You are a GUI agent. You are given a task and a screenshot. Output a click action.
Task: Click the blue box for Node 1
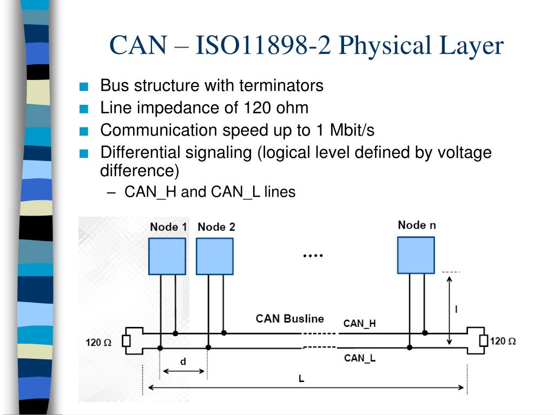click(167, 256)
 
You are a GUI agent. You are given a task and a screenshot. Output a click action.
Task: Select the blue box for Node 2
click(215, 256)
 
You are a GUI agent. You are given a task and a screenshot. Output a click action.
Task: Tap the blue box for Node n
click(416, 255)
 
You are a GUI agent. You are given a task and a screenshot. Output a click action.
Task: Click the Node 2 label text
click(216, 227)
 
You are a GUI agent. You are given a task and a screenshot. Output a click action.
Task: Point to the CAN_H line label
click(359, 324)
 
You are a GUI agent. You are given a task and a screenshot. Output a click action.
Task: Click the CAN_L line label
click(360, 358)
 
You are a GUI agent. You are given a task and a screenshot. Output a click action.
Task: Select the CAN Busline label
click(290, 319)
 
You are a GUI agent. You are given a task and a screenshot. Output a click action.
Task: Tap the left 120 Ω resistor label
click(98, 342)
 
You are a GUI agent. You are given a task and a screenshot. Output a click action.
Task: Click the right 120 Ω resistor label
click(503, 342)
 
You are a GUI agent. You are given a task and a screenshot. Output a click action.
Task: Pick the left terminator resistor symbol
click(126, 341)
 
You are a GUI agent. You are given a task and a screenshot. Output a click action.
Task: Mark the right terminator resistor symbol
click(484, 340)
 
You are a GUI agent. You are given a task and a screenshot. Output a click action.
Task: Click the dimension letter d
click(183, 362)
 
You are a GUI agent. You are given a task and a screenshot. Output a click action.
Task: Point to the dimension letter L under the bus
click(301, 379)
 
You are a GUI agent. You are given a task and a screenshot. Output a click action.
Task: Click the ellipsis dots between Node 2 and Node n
click(313, 256)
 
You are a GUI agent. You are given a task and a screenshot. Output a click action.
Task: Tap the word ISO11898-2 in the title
click(263, 45)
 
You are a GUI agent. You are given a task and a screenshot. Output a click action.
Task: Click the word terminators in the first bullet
click(281, 85)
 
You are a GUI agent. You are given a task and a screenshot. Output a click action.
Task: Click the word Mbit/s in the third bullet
click(352, 130)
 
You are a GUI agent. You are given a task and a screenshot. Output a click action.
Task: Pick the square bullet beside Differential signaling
click(84, 153)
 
